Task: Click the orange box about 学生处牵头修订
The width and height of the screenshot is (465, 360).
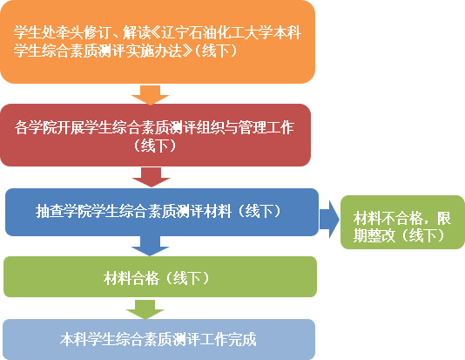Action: [158, 42]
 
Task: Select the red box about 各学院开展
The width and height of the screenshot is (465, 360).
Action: [155, 135]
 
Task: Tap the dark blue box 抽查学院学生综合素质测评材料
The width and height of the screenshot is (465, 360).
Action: [162, 212]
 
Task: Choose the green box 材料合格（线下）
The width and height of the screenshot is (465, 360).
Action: [160, 276]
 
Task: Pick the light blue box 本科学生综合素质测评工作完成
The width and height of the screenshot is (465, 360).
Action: [159, 340]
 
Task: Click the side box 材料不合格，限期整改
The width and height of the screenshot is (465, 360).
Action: [402, 222]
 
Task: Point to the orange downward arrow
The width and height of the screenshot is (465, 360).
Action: [151, 95]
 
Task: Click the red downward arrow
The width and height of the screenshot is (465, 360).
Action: [152, 177]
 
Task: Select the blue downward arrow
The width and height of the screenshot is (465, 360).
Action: [151, 246]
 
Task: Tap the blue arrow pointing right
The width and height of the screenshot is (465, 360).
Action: [329, 220]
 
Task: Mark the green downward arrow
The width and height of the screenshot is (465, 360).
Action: [145, 309]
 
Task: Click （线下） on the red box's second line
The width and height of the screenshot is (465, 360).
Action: [155, 146]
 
